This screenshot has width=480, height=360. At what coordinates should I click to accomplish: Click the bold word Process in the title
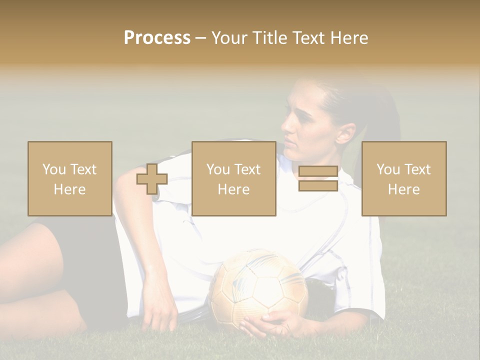[x=157, y=38]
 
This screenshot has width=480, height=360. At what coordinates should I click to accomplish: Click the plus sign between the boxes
[x=152, y=179]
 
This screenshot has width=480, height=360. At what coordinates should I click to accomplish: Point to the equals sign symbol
[x=318, y=179]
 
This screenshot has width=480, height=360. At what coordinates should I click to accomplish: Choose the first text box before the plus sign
[x=69, y=179]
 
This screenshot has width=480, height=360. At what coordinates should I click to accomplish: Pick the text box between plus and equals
[x=233, y=179]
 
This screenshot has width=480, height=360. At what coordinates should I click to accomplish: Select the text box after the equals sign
[x=403, y=179]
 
